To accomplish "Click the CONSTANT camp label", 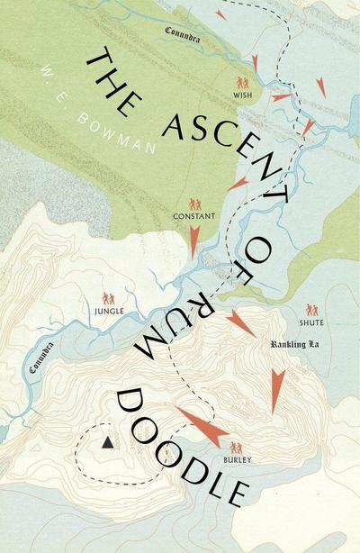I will [x=195, y=219].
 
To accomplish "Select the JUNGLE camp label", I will [x=109, y=312].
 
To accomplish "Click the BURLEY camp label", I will [x=237, y=459].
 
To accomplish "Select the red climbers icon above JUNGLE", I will [x=108, y=297].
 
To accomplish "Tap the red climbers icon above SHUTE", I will [x=311, y=308].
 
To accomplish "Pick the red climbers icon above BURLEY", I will [x=237, y=447].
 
